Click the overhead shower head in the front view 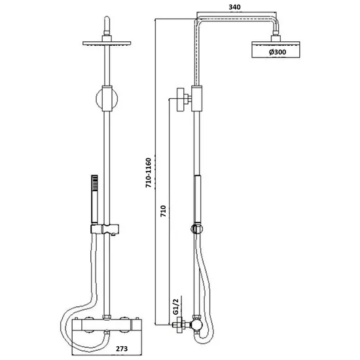[105, 43]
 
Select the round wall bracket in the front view [105, 100]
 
